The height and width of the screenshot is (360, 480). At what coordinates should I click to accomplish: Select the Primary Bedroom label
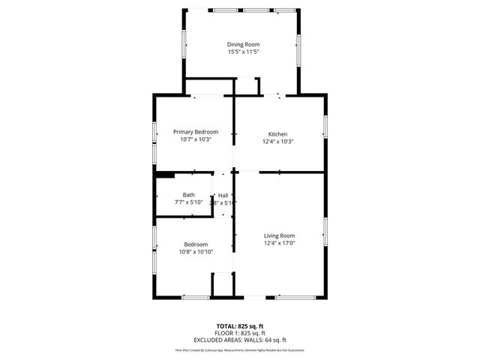196,131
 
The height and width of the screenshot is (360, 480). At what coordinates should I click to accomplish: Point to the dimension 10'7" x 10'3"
196,139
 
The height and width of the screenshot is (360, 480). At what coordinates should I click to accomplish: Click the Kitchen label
278,133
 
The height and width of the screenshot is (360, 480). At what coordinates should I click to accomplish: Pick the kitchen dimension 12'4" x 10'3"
278,141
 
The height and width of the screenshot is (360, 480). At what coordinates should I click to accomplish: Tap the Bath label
188,195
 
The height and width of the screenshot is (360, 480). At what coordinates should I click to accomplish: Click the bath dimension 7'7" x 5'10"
188,202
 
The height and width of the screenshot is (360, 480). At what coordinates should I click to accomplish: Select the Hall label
223,196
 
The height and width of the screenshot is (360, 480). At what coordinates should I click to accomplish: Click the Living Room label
279,235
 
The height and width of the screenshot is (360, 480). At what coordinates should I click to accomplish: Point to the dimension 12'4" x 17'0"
279,243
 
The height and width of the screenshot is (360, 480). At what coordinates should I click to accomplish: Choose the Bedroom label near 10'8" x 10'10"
196,244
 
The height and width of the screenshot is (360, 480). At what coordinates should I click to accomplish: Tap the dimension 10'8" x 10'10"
196,252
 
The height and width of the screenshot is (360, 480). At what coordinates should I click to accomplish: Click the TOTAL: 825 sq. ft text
240,326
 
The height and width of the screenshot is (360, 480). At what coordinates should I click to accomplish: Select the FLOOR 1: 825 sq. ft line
240,333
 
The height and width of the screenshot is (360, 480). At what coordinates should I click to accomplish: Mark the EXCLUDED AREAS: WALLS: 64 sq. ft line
240,340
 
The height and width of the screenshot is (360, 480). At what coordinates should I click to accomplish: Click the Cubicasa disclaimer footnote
240,350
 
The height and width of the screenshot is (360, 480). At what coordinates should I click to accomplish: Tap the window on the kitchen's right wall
325,126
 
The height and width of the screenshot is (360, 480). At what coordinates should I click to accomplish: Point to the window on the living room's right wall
325,230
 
